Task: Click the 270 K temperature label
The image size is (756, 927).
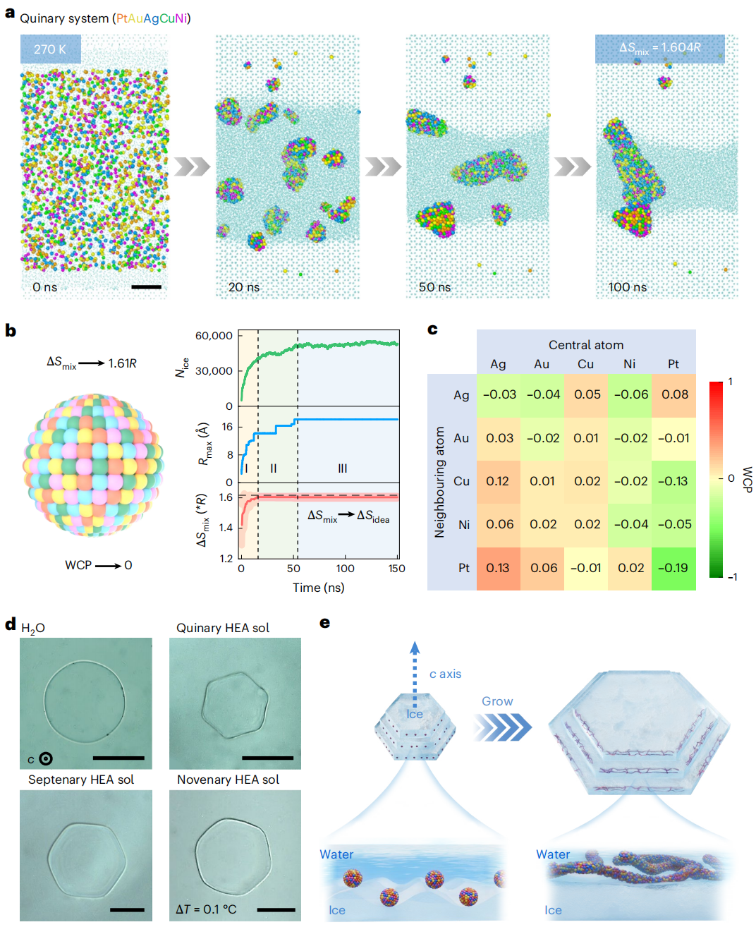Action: [x=50, y=49]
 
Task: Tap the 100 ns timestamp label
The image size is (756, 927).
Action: [x=627, y=287]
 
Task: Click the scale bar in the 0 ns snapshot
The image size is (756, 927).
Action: [x=146, y=287]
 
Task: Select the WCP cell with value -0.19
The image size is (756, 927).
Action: [x=673, y=568]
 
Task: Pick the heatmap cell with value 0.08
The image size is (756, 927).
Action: [x=674, y=394]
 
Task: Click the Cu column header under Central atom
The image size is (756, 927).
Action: [x=585, y=364]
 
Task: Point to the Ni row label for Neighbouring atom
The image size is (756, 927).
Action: [x=463, y=525]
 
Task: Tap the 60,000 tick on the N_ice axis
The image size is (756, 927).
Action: [x=214, y=336]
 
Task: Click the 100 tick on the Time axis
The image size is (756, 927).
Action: [x=345, y=569]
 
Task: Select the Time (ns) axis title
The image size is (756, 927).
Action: [x=319, y=588]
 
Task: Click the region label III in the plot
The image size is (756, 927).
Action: [x=343, y=468]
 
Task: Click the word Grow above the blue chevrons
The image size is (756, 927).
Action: [x=497, y=701]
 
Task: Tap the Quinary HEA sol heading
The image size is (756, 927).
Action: [x=223, y=628]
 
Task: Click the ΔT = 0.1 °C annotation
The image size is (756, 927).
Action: [x=206, y=909]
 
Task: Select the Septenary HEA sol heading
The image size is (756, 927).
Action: [x=81, y=780]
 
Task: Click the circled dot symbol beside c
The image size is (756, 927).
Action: [x=46, y=759]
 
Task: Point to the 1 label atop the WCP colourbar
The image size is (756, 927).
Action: [x=730, y=382]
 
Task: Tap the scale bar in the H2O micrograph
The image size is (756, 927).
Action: [x=118, y=758]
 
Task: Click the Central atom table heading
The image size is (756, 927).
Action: [x=586, y=345]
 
